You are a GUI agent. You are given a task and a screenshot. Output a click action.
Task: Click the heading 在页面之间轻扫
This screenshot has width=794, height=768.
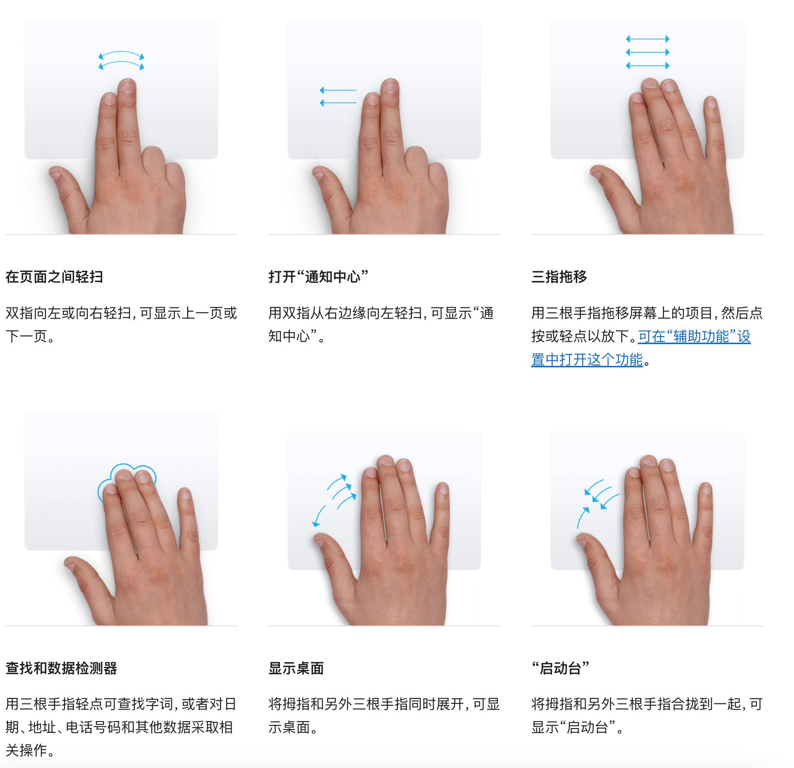(54, 277)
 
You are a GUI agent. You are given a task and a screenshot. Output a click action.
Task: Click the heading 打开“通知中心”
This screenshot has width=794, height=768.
(318, 277)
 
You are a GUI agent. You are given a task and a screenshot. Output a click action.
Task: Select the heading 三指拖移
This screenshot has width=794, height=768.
(559, 277)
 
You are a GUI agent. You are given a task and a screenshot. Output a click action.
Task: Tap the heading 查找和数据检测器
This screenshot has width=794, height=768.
(61, 668)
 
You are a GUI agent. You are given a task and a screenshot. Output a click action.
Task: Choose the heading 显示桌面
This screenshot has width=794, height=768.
(296, 668)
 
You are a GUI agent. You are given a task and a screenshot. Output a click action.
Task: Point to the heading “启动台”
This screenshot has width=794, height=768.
(560, 668)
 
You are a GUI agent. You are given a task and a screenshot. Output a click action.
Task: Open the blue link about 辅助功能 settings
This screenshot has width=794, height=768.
(694, 337)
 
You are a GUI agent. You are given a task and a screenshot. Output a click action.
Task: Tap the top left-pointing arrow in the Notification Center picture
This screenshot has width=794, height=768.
(338, 90)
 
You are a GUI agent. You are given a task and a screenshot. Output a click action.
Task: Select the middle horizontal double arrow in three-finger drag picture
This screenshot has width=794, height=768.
(648, 52)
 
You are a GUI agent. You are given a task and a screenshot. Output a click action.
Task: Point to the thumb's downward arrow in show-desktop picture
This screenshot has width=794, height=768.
(319, 516)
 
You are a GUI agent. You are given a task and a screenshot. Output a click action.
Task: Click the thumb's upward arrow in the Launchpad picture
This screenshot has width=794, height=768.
(582, 518)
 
